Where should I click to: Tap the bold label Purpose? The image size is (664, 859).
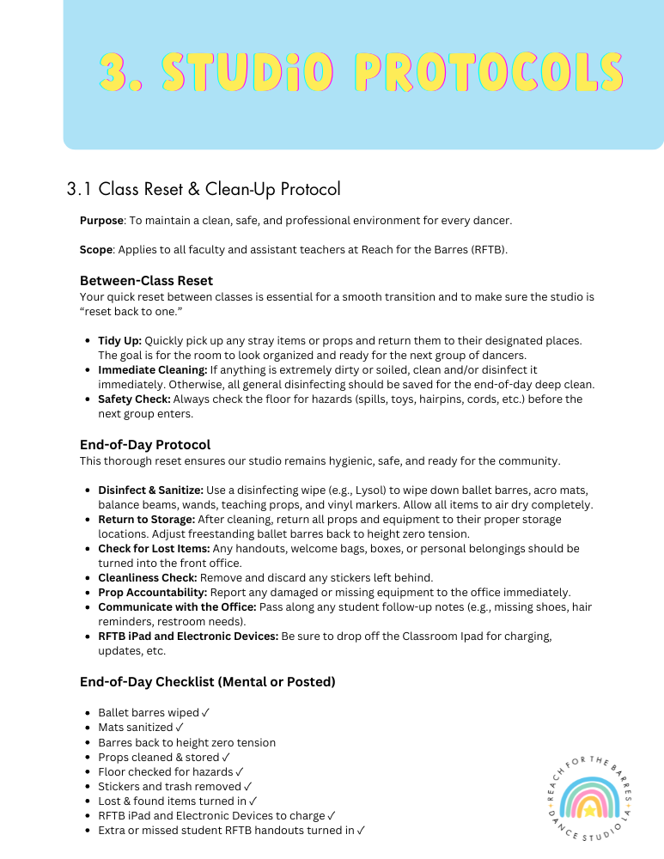[x=101, y=221]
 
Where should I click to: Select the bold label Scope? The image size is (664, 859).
[x=96, y=250]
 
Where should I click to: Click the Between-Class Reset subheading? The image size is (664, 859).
[x=146, y=281]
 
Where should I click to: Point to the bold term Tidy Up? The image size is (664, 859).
[x=119, y=340]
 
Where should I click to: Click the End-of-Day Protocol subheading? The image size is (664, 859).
[x=144, y=445]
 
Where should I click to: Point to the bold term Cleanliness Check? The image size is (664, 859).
[x=147, y=577]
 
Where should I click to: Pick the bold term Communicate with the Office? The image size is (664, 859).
[x=176, y=606]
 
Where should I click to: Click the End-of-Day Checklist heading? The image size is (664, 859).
[x=207, y=682]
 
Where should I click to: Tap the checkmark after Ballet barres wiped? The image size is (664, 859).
[x=205, y=713]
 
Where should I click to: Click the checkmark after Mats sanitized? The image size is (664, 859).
[x=179, y=728]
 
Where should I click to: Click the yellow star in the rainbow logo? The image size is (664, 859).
[x=590, y=809]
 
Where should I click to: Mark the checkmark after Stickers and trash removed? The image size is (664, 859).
[x=247, y=786]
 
